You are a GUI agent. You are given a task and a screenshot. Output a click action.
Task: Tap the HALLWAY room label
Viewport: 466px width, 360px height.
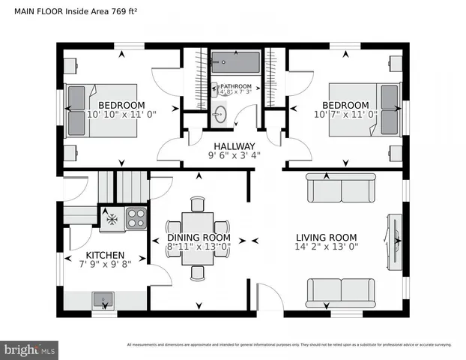click(234, 146)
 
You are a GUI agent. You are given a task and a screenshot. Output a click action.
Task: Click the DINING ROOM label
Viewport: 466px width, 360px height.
click(199, 236)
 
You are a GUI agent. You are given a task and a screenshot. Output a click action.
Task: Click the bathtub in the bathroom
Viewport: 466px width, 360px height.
click(234, 61)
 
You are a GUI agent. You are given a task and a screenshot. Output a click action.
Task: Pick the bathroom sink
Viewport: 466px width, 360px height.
click(221, 114)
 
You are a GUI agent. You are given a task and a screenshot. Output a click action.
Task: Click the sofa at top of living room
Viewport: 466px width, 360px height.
click(341, 187)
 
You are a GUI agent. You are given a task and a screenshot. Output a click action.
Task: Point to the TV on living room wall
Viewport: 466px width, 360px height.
click(396, 240)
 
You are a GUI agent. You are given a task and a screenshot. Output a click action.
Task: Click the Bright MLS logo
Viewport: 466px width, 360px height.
click(30, 350)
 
